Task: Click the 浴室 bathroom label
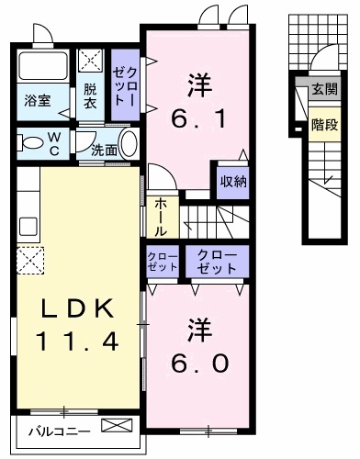pyautogui.click(x=38, y=99)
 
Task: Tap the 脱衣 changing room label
pyautogui.click(x=90, y=95)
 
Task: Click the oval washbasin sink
pyautogui.click(x=129, y=144)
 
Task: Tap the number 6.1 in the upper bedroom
pyautogui.click(x=197, y=117)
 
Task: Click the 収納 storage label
pyautogui.click(x=232, y=181)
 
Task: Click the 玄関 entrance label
pyautogui.click(x=323, y=90)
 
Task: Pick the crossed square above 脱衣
pyautogui.click(x=91, y=62)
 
